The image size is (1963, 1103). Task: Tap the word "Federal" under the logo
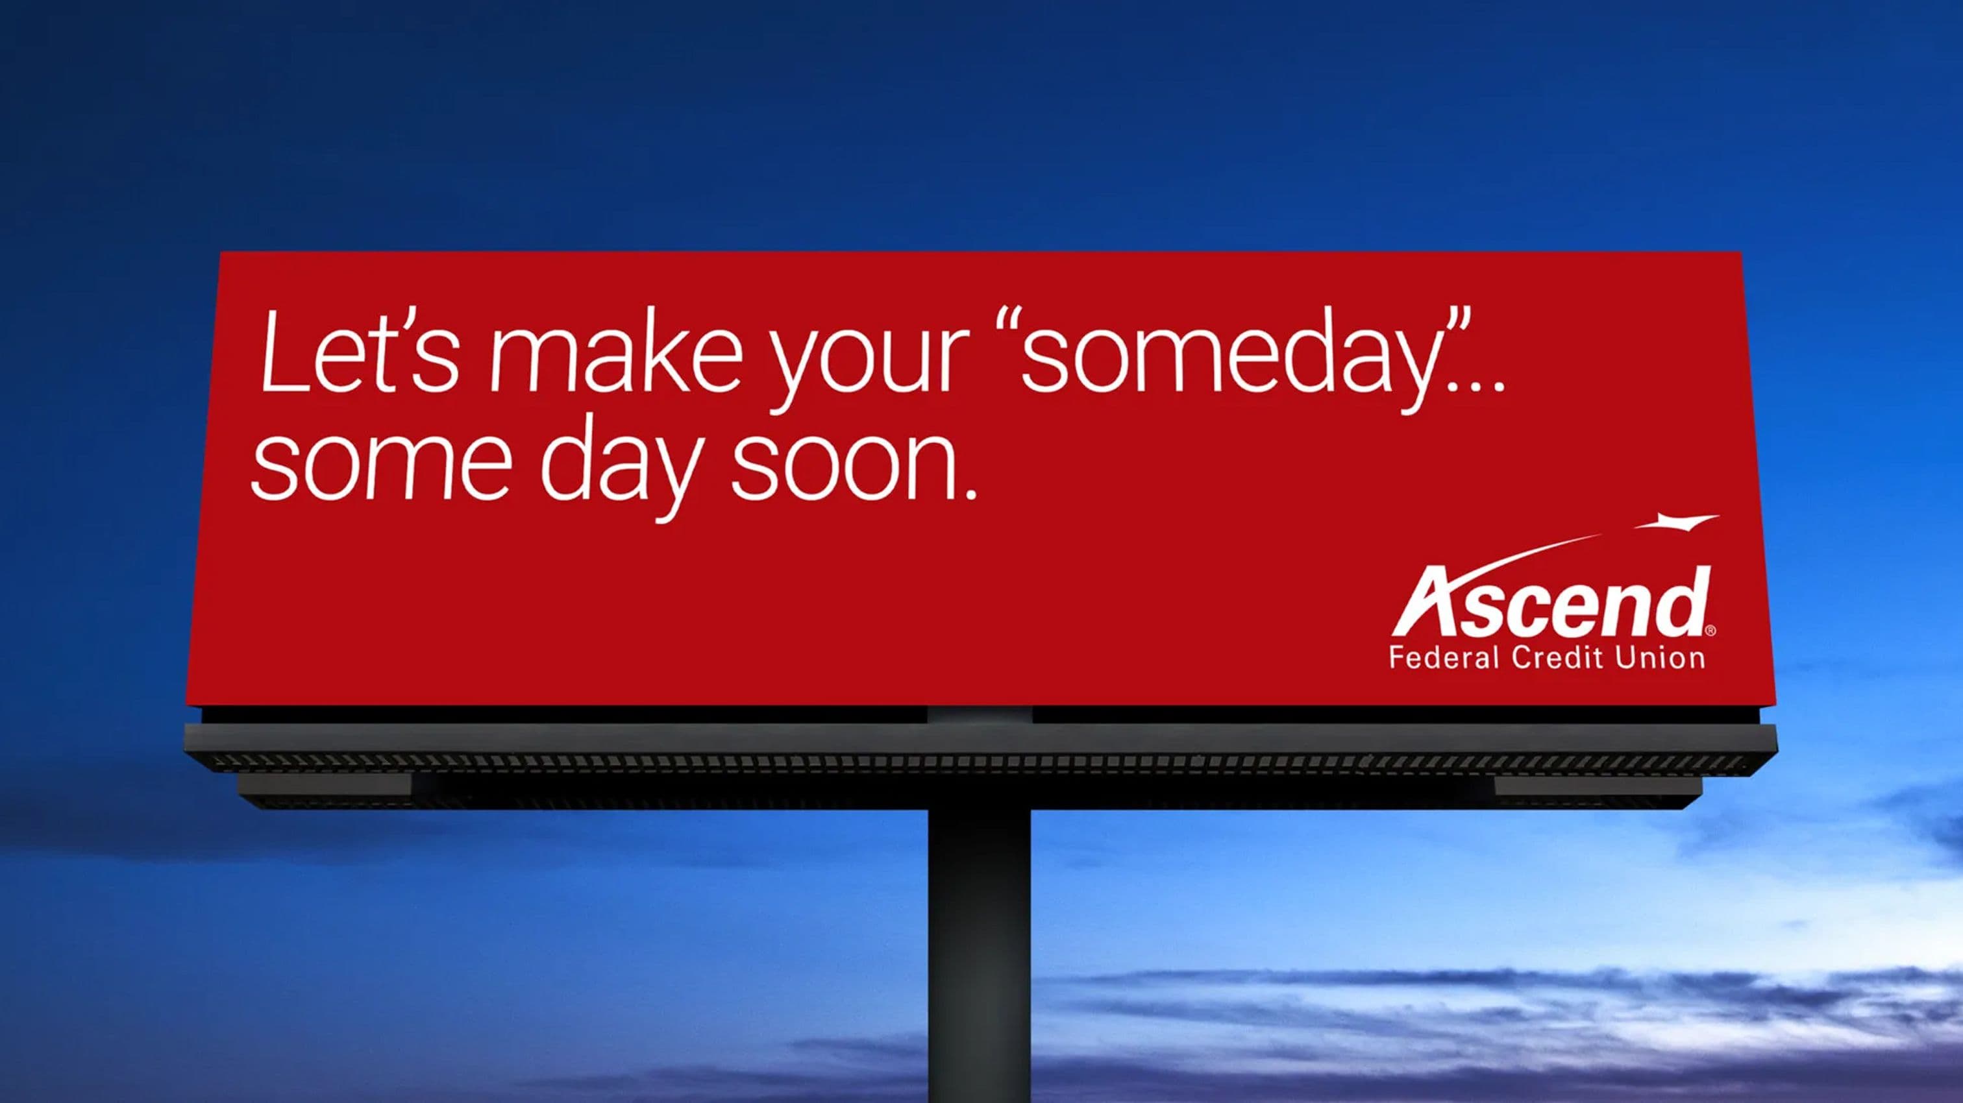[1445, 657]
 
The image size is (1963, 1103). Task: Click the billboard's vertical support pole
[979, 952]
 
